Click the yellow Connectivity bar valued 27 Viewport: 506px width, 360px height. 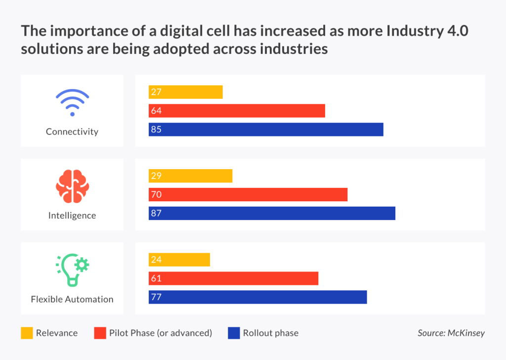point(185,92)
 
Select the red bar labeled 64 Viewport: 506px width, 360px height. point(237,111)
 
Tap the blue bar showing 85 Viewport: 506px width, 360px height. point(266,130)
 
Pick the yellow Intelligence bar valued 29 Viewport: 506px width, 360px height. point(190,176)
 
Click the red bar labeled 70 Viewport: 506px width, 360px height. point(248,195)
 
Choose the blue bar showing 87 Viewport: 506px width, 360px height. point(272,214)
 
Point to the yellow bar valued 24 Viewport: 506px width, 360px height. point(179,260)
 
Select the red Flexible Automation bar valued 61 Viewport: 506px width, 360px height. point(233,278)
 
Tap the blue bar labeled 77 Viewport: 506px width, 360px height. point(257,297)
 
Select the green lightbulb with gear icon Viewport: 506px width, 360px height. point(72,270)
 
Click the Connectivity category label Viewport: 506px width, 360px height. point(72,132)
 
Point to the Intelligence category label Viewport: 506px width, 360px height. point(72,216)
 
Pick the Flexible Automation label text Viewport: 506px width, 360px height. point(72,299)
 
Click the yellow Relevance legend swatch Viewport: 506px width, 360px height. point(27,333)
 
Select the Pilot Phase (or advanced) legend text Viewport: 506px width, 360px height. point(161,333)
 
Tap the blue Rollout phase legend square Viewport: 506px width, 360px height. point(234,333)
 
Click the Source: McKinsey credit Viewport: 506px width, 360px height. point(451,333)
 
